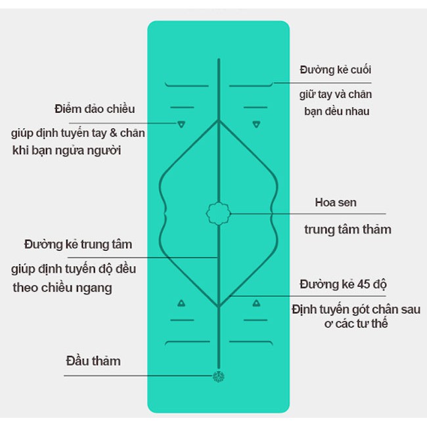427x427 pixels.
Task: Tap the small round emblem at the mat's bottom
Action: point(218,376)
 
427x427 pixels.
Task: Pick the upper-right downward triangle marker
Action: point(256,124)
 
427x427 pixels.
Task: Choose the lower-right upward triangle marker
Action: point(256,303)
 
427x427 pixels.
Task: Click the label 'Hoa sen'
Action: point(336,202)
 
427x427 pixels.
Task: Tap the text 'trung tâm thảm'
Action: point(348,230)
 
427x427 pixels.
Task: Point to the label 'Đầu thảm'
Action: point(93,361)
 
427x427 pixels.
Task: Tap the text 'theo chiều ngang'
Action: point(62,288)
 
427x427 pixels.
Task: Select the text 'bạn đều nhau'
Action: point(337,111)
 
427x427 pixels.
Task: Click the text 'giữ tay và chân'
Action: point(336,95)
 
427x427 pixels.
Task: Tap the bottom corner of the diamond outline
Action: point(218,307)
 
